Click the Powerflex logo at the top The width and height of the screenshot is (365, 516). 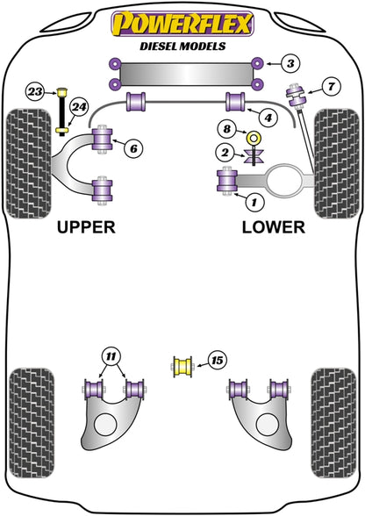pos(182,24)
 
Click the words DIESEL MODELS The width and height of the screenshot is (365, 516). pos(182,46)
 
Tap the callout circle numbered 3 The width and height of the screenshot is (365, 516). pos(290,63)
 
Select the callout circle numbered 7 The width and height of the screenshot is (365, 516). pos(331,87)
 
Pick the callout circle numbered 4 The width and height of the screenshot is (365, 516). pos(268,118)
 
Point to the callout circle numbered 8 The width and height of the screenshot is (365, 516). pos(227,129)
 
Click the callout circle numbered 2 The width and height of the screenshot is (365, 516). pos(225,153)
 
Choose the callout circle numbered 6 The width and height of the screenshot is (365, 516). pos(133,149)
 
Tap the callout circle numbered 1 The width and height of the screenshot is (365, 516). pos(254,202)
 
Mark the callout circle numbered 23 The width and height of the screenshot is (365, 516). pos(35,91)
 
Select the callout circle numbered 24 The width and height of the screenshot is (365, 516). pos(79,107)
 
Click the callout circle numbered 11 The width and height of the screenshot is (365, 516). pos(111,356)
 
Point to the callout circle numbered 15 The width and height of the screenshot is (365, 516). pos(218,361)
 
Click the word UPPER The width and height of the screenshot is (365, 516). pos(86,227)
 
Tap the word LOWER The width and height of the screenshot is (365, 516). pos(274,227)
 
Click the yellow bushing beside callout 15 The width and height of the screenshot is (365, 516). pos(182,367)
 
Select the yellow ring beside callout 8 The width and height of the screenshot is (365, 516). pos(254,137)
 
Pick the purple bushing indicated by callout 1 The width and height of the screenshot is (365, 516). pos(227,181)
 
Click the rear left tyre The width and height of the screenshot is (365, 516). pos(32,423)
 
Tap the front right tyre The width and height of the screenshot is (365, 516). pos(336,163)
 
